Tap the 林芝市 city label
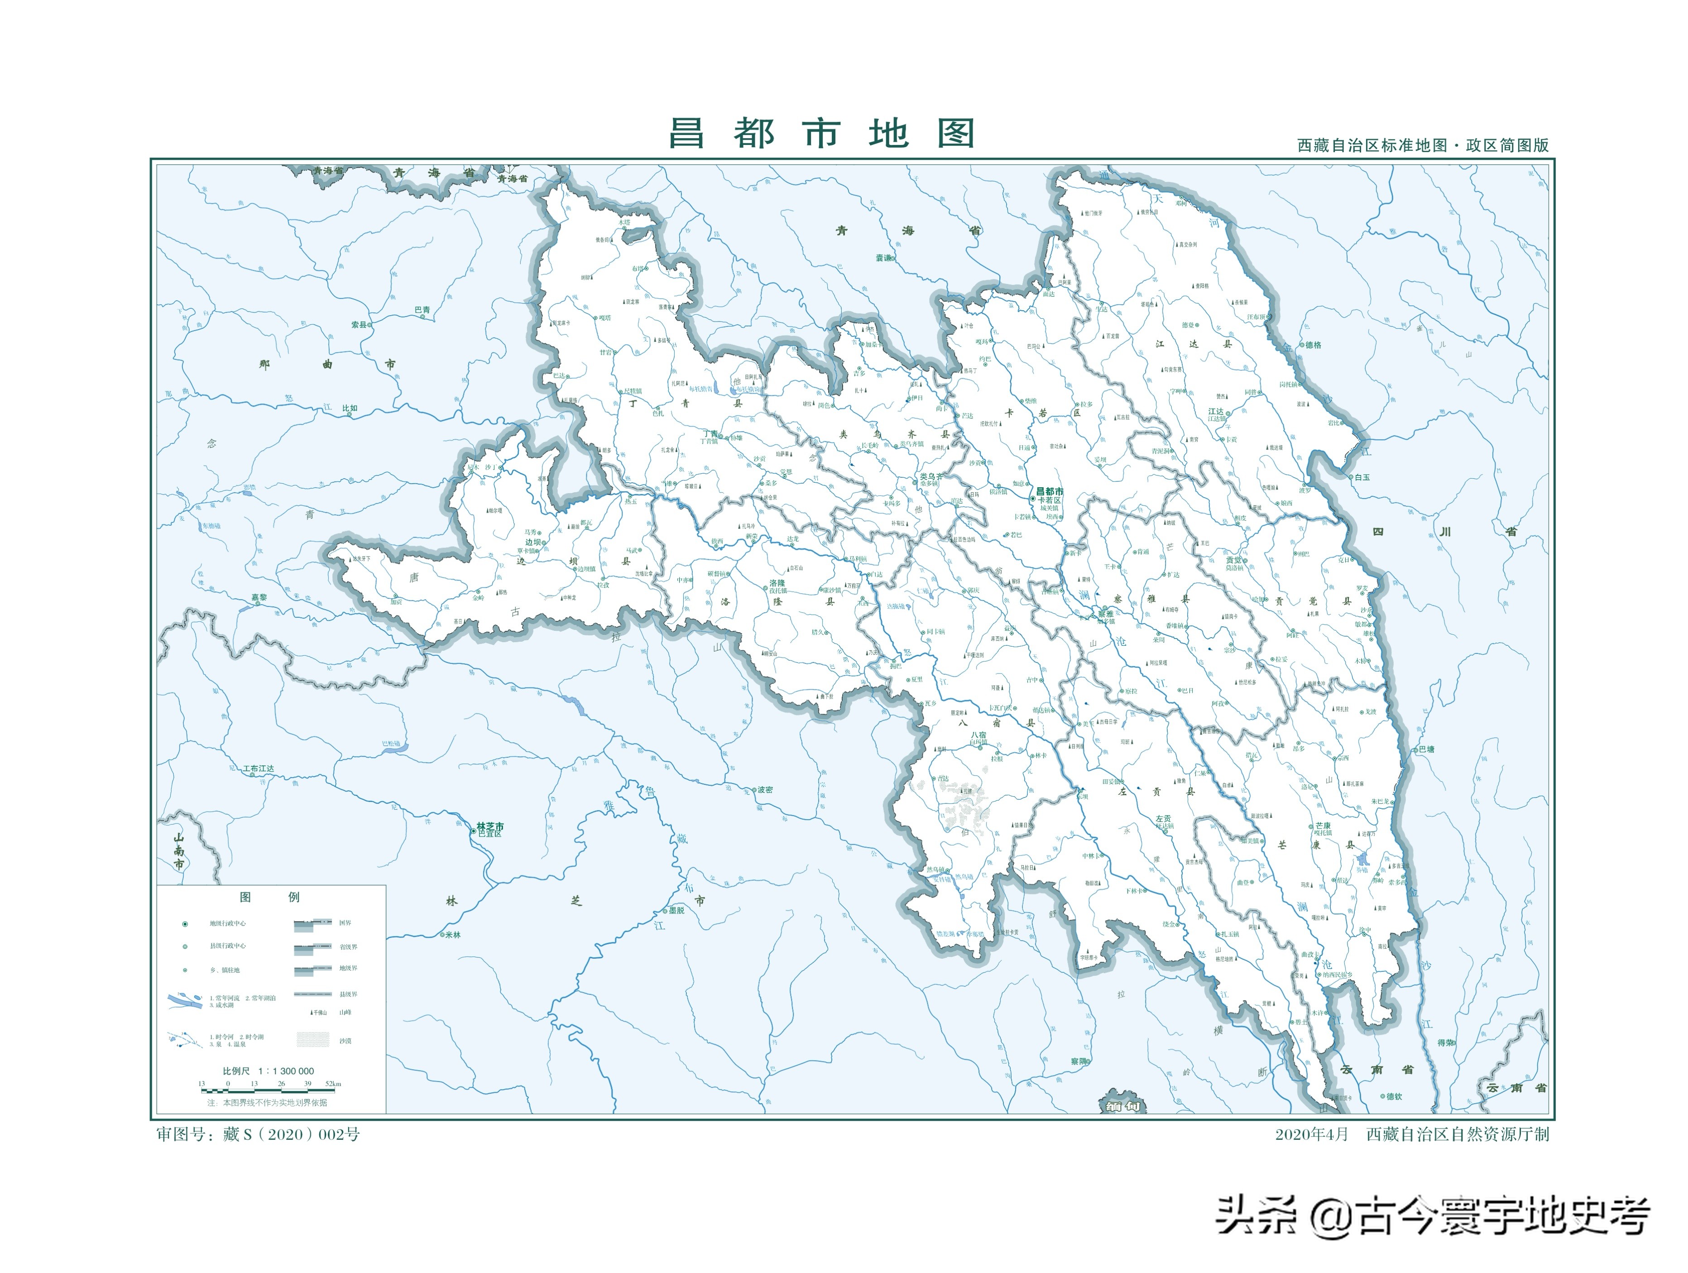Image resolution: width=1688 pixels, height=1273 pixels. [490, 826]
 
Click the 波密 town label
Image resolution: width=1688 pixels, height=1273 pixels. [765, 790]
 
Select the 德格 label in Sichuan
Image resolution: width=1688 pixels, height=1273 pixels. [1313, 345]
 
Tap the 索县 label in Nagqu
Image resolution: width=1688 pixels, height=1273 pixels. [360, 324]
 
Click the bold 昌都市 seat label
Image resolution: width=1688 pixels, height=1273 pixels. [1049, 491]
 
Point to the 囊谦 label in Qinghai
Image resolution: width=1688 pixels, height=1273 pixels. [884, 258]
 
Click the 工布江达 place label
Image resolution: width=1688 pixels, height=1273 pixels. [259, 769]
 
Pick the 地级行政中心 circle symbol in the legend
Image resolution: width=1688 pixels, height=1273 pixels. [185, 924]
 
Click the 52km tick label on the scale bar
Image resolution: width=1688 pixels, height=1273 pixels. [333, 1084]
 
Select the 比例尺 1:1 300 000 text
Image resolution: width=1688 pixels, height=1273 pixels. [268, 1071]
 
